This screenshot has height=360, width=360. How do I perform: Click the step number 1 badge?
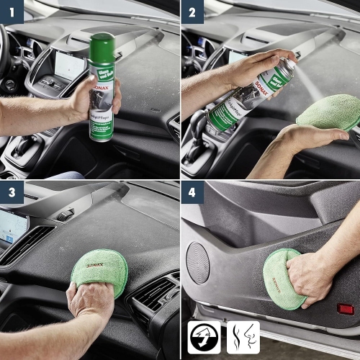click(x=12, y=12)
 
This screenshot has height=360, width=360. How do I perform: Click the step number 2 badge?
click(x=192, y=12)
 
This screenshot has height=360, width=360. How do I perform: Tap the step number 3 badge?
click(x=12, y=194)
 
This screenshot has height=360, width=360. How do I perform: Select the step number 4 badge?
click(x=192, y=194)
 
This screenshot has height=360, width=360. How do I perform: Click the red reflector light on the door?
click(x=346, y=308)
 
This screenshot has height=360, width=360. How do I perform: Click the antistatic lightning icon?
click(x=204, y=337)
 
